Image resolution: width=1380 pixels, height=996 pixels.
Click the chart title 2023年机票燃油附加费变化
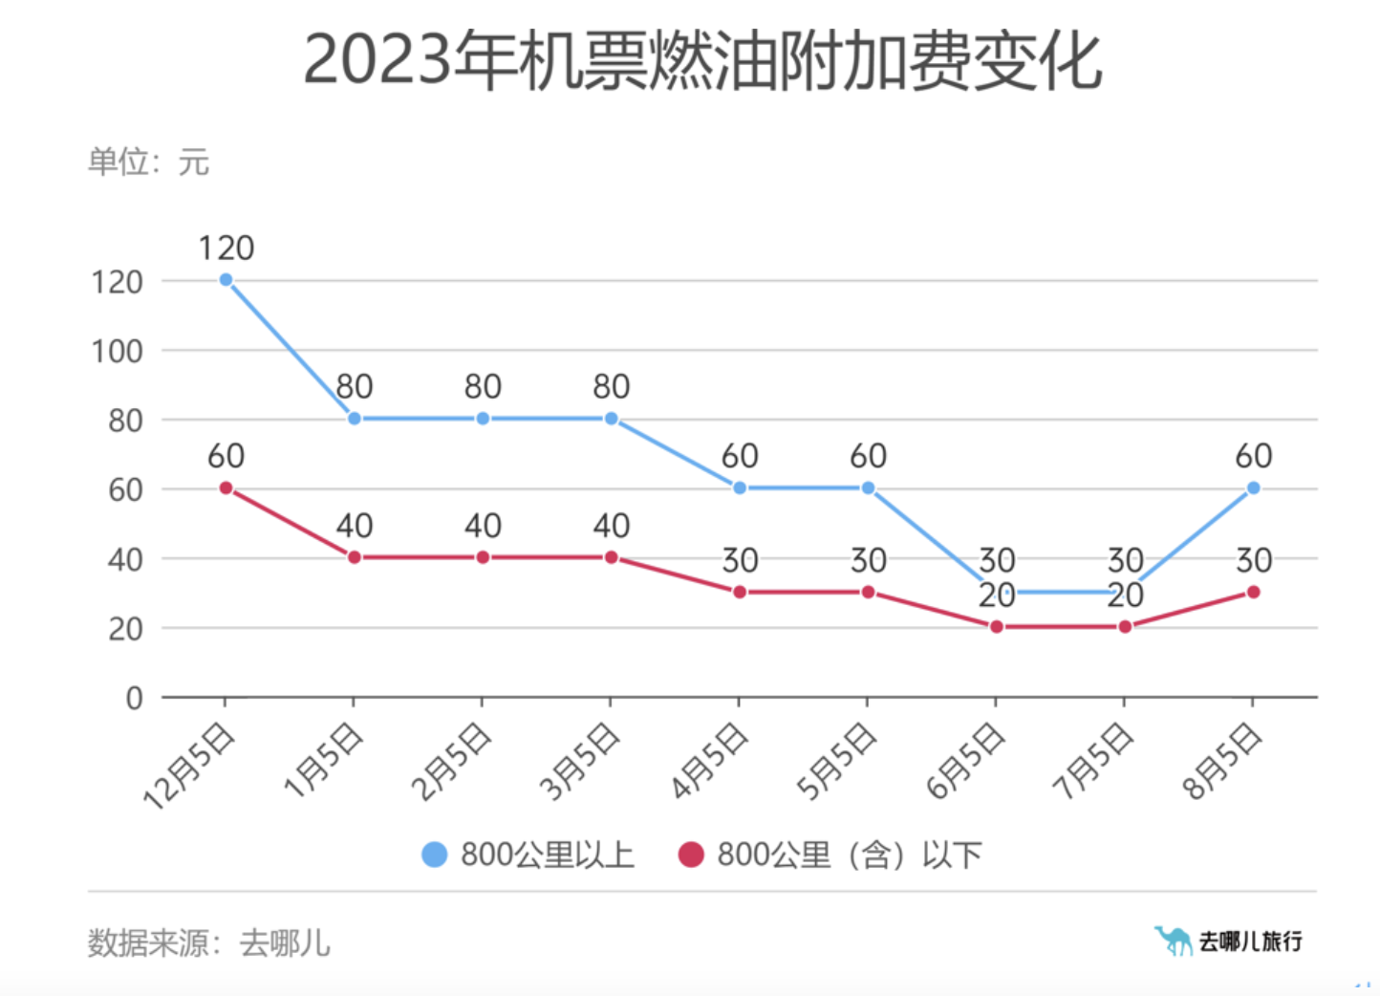click(702, 61)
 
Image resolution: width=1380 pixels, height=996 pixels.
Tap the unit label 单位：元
click(148, 162)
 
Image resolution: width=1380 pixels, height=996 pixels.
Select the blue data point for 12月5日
click(226, 280)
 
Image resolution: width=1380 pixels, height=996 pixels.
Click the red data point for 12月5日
click(226, 488)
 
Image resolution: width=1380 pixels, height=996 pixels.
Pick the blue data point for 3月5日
click(611, 419)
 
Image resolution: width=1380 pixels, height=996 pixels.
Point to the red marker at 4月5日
click(739, 593)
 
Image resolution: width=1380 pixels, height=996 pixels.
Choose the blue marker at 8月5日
click(1253, 488)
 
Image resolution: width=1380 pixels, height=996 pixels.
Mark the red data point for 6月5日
click(996, 627)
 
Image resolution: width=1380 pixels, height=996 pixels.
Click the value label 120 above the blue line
click(226, 249)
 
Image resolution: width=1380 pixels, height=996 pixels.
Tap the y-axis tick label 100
click(117, 351)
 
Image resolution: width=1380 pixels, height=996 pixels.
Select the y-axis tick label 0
click(134, 698)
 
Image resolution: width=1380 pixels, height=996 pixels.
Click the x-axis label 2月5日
click(451, 762)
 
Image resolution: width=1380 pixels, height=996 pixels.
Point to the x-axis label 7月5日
click(1092, 762)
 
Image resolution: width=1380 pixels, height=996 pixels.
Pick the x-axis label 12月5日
click(188, 767)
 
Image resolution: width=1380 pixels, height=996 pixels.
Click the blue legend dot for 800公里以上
click(434, 855)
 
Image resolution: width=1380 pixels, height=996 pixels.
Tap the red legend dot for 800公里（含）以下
click(690, 855)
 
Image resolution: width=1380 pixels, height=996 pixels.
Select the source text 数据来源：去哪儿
click(208, 943)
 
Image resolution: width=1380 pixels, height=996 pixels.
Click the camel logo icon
click(1172, 941)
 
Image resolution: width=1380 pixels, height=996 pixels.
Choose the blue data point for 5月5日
click(868, 488)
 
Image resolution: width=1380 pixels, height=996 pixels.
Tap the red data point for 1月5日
click(354, 557)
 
